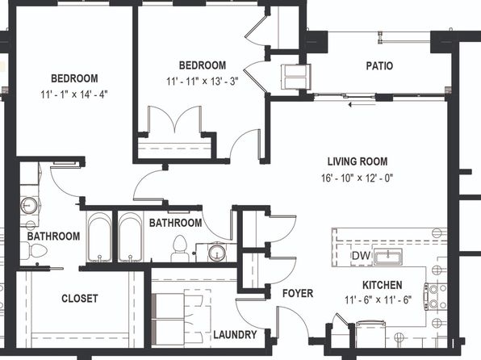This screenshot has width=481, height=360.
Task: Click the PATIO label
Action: [379, 66]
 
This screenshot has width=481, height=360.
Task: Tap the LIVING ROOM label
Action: [358, 161]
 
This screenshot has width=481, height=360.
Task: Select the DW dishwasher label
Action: [361, 256]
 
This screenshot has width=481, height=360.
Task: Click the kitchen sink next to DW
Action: [387, 257]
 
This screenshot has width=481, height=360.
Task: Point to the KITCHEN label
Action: [383, 285]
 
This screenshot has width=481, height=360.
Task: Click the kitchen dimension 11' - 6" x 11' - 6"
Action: [378, 299]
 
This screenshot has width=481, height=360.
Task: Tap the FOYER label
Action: [298, 293]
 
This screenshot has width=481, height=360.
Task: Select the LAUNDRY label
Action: [235, 334]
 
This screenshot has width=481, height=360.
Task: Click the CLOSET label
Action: [80, 299]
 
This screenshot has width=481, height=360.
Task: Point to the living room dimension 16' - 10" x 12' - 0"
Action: [357, 178]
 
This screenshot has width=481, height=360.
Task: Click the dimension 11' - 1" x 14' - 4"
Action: [74, 94]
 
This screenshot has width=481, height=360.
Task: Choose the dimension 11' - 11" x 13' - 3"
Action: [203, 82]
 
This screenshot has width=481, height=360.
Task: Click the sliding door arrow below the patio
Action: [362, 105]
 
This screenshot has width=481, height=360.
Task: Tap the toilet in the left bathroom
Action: [34, 251]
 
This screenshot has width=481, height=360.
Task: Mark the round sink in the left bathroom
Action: [29, 205]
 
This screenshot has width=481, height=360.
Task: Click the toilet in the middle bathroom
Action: [179, 249]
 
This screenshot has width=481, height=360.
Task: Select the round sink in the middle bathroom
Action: [217, 253]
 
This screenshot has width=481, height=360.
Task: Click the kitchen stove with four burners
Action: [436, 296]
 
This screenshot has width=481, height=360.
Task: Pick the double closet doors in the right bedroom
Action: [175, 119]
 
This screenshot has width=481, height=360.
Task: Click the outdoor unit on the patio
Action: [296, 77]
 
